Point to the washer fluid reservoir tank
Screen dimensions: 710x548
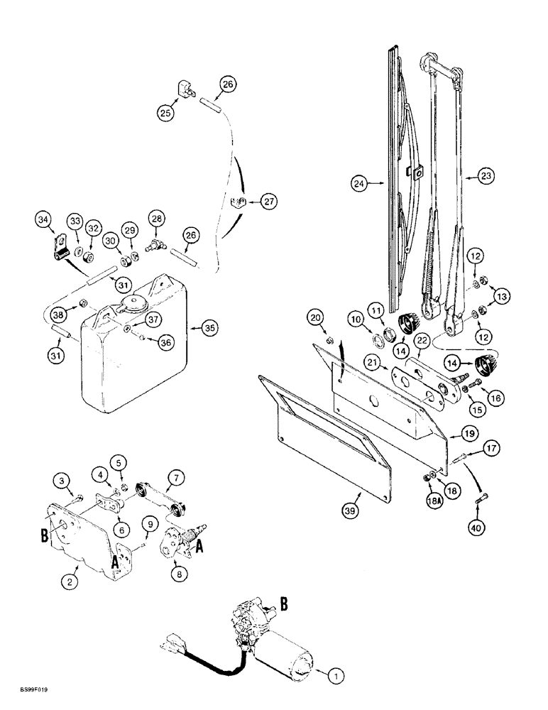coord(135,362)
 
